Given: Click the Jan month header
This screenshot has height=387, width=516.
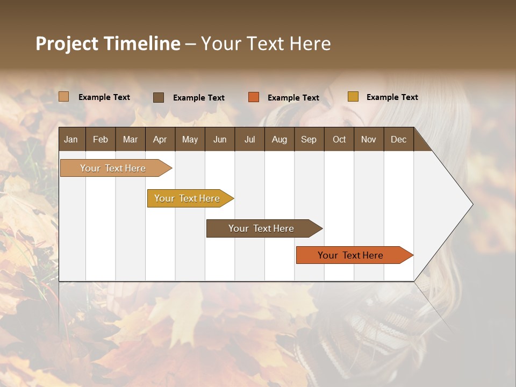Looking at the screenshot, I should (71, 139).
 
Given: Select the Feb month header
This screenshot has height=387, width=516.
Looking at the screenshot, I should (101, 139).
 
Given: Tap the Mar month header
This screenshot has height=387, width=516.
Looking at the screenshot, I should (130, 139).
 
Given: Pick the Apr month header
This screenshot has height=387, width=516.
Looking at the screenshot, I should (160, 139).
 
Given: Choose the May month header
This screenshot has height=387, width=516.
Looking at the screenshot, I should (190, 139).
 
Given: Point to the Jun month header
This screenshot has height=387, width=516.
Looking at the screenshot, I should (220, 139).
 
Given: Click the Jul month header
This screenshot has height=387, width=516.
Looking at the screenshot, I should (249, 139).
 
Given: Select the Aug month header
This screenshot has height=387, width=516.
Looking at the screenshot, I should (279, 139).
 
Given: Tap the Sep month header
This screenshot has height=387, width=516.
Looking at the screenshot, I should (309, 139).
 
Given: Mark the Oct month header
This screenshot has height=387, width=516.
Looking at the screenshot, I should (339, 139).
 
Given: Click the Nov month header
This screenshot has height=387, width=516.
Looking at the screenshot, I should (369, 139).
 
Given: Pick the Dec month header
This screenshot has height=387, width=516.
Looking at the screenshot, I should (399, 139).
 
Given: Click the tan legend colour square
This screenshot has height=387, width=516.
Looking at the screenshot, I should (64, 97).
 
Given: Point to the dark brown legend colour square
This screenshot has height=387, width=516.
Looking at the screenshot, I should (159, 97).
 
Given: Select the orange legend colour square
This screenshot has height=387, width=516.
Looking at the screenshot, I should (254, 97).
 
